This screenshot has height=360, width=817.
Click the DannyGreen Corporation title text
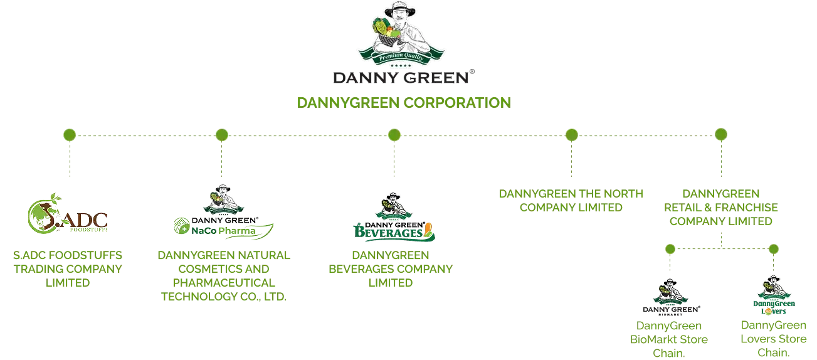pyautogui.click(x=403, y=103)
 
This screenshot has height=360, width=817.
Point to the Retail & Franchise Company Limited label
pyautogui.click(x=721, y=206)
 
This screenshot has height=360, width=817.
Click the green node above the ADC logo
pyautogui.click(x=70, y=134)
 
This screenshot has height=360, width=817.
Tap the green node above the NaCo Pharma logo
pyautogui.click(x=221, y=134)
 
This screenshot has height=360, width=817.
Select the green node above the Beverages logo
pyautogui.click(x=394, y=134)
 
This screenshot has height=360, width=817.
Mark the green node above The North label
pyautogui.click(x=571, y=134)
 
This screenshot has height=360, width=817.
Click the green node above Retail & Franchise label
pyautogui.click(x=721, y=134)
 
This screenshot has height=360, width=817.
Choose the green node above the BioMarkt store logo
pyautogui.click(x=670, y=250)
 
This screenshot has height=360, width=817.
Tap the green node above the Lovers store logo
pyautogui.click(x=773, y=250)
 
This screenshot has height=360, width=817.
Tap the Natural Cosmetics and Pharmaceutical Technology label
pyautogui.click(x=223, y=276)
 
